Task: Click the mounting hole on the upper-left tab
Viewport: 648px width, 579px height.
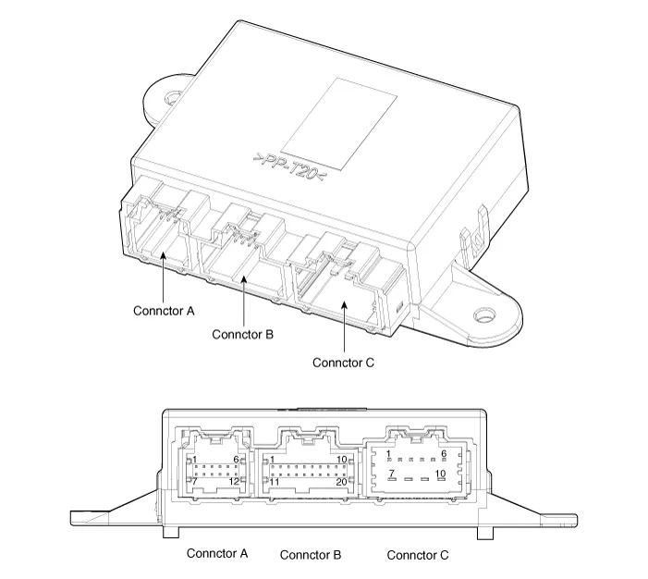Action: pos(173,95)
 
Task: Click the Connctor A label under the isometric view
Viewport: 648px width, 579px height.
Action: pos(164,312)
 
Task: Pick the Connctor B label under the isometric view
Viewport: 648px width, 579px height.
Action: pos(242,334)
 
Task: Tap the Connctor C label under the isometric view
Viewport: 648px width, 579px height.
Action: pos(343,363)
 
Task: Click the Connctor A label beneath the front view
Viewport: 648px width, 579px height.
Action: pos(217,554)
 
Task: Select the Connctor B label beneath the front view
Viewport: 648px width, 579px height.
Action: pos(311,555)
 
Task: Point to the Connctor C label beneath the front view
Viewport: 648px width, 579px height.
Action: pos(418,555)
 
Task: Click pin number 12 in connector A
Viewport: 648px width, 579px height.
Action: pos(235,481)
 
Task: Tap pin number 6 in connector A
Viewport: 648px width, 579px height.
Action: pos(237,460)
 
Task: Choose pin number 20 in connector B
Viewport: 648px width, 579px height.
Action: pos(340,481)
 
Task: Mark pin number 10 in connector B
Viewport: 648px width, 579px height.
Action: pos(341,460)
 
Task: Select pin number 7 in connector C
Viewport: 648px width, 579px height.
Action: pos(391,473)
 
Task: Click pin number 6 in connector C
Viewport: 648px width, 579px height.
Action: pos(444,453)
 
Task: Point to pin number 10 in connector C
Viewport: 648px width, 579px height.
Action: pos(441,473)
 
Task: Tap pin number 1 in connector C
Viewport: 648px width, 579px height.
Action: pos(389,453)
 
